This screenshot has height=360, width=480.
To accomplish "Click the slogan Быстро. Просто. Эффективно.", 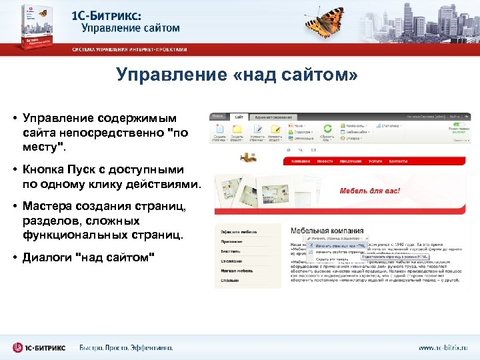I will coord(126,347).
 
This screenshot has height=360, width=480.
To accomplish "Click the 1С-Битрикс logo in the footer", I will coord(40,347).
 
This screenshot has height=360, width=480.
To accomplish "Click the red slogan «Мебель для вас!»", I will coord(370,191).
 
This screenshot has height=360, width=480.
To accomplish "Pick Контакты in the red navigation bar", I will coord(398,161).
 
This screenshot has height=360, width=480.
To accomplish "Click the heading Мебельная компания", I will coord(327,229).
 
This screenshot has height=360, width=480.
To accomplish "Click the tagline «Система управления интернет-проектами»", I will coord(130,49).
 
